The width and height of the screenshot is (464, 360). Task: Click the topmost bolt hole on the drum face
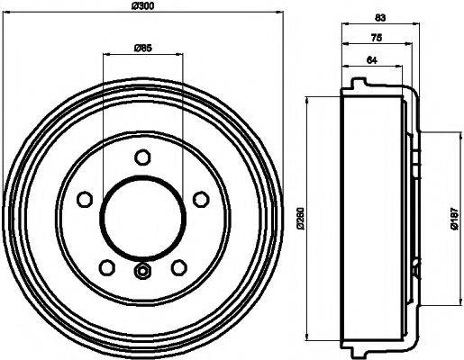(x=141, y=158)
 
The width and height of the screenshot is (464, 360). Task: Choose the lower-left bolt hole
(x=106, y=266)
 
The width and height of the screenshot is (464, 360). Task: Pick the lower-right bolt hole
(x=177, y=266)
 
